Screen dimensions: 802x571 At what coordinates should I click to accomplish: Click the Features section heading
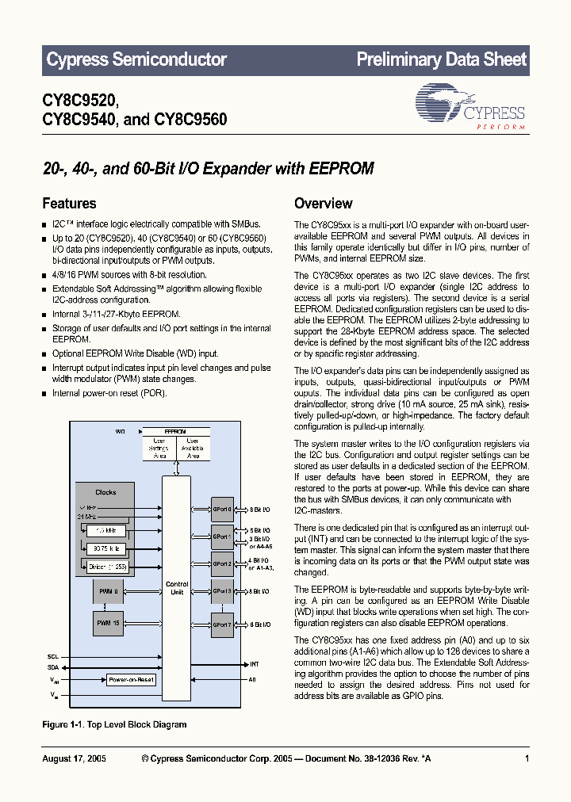pyautogui.click(x=69, y=204)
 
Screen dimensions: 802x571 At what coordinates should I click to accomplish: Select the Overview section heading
pyautogui.click(x=323, y=204)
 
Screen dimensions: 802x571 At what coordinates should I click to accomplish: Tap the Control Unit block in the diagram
pyautogui.click(x=176, y=589)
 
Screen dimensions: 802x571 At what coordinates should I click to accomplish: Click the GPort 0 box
pyautogui.click(x=222, y=509)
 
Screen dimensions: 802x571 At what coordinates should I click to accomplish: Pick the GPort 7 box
pyautogui.click(x=222, y=624)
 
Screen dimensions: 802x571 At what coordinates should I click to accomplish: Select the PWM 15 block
pyautogui.click(x=108, y=623)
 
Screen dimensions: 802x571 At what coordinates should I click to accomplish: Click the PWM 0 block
pyautogui.click(x=108, y=590)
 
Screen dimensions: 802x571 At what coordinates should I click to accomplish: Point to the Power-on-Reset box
pyautogui.click(x=131, y=680)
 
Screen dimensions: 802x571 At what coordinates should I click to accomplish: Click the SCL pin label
pyautogui.click(x=53, y=656)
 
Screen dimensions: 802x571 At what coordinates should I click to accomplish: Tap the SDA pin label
pyautogui.click(x=53, y=667)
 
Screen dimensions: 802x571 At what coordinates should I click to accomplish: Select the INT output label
pyautogui.click(x=254, y=664)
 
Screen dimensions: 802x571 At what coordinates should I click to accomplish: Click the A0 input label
pyautogui.click(x=253, y=679)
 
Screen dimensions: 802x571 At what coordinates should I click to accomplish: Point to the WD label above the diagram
pyautogui.click(x=120, y=431)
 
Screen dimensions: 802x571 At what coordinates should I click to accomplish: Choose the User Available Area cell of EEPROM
pyautogui.click(x=193, y=448)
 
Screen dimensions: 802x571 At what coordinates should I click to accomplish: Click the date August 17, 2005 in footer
pyautogui.click(x=74, y=758)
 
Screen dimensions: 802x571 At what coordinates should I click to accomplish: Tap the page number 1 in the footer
pyautogui.click(x=527, y=758)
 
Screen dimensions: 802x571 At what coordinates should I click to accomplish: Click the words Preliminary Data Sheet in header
pyautogui.click(x=441, y=59)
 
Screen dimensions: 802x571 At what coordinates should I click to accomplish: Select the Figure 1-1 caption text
pyautogui.click(x=114, y=724)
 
